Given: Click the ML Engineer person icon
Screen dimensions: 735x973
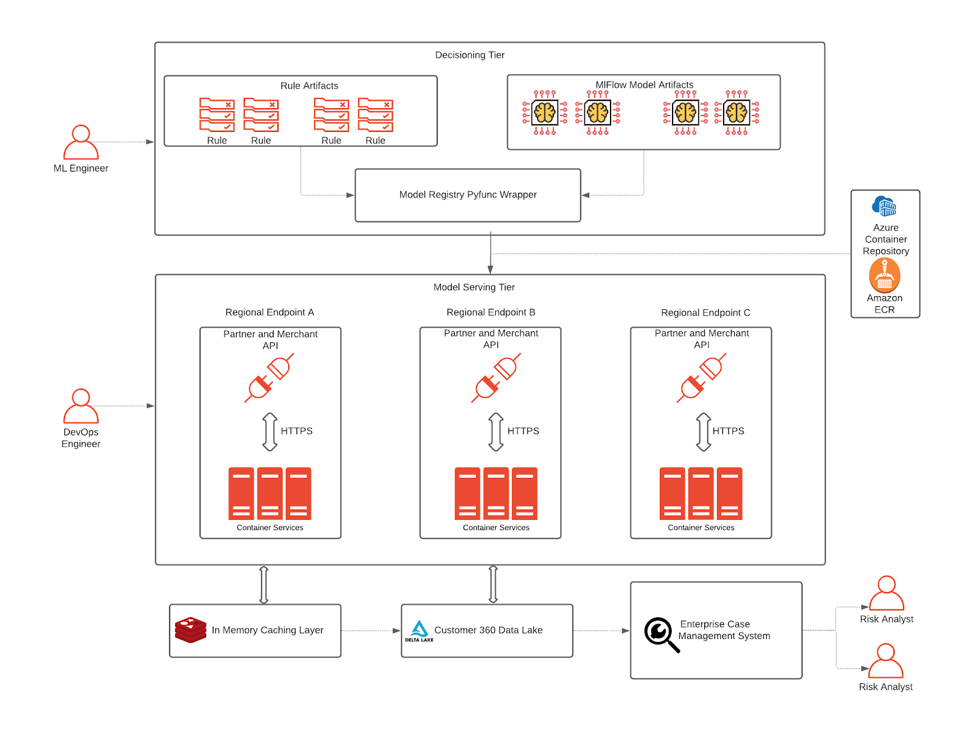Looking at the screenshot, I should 81,142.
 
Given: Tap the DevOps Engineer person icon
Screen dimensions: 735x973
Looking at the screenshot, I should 81,406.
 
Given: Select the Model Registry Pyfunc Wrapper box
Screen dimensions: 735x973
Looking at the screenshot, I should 468,195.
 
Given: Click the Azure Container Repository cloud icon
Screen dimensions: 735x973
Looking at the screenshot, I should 884,206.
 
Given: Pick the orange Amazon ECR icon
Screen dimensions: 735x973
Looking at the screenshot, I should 884,275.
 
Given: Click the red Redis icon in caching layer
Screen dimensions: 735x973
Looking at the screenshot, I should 190,630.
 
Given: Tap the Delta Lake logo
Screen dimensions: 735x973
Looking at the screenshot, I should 419,630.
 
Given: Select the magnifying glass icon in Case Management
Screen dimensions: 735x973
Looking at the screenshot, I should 661,634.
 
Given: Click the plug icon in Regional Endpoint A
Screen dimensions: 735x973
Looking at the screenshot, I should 269,378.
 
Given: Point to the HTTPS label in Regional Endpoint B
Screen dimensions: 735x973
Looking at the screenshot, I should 523,431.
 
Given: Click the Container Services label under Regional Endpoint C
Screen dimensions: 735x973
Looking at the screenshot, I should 701,528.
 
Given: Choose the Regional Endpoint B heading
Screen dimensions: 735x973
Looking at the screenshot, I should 491,312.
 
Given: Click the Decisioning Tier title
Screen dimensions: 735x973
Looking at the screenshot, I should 469,55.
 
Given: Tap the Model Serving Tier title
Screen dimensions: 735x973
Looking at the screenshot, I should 474,288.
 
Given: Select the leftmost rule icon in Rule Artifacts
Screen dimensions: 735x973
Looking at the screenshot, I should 217,115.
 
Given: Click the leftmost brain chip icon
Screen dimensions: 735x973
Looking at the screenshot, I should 544,112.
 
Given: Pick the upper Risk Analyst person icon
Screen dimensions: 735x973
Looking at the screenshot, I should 887,593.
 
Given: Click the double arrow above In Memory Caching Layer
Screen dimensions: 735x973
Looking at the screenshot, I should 264,585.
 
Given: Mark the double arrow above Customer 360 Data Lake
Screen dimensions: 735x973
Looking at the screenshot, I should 493,584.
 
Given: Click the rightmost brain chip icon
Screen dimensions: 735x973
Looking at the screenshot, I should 736,112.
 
